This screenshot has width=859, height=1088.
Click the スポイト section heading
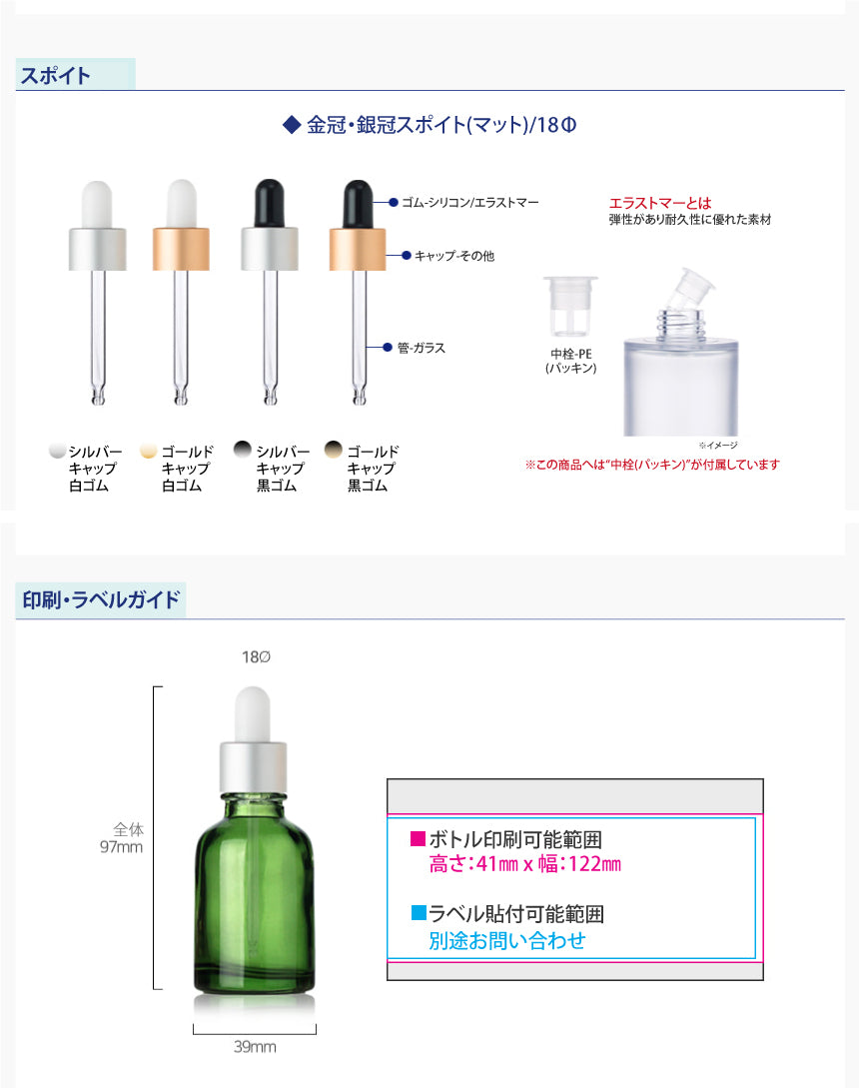(x=56, y=75)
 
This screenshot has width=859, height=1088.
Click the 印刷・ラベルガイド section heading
(x=101, y=599)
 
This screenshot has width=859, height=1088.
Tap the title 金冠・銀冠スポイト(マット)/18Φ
(x=430, y=125)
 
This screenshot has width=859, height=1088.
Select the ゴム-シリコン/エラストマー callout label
(x=469, y=203)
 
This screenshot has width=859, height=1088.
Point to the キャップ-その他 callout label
(x=454, y=256)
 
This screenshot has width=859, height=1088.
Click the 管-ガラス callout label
(x=422, y=348)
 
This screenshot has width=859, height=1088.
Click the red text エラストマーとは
(x=660, y=203)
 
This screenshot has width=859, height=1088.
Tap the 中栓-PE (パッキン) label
(x=571, y=361)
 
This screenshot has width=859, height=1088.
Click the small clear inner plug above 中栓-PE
(x=570, y=307)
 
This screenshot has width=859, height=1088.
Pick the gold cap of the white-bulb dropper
(x=181, y=249)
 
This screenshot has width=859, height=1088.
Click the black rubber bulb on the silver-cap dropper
(x=270, y=203)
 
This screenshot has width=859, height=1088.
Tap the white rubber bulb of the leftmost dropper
(x=97, y=204)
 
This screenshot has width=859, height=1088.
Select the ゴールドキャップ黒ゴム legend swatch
(x=334, y=450)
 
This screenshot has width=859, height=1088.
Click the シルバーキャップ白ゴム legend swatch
(x=58, y=451)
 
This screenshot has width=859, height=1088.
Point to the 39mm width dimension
(x=255, y=1046)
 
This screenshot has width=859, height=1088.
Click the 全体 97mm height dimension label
(x=122, y=837)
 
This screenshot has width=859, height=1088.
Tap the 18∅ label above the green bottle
(x=256, y=656)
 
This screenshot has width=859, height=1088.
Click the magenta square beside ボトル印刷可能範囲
(x=418, y=838)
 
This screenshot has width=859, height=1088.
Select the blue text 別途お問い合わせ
(x=507, y=940)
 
